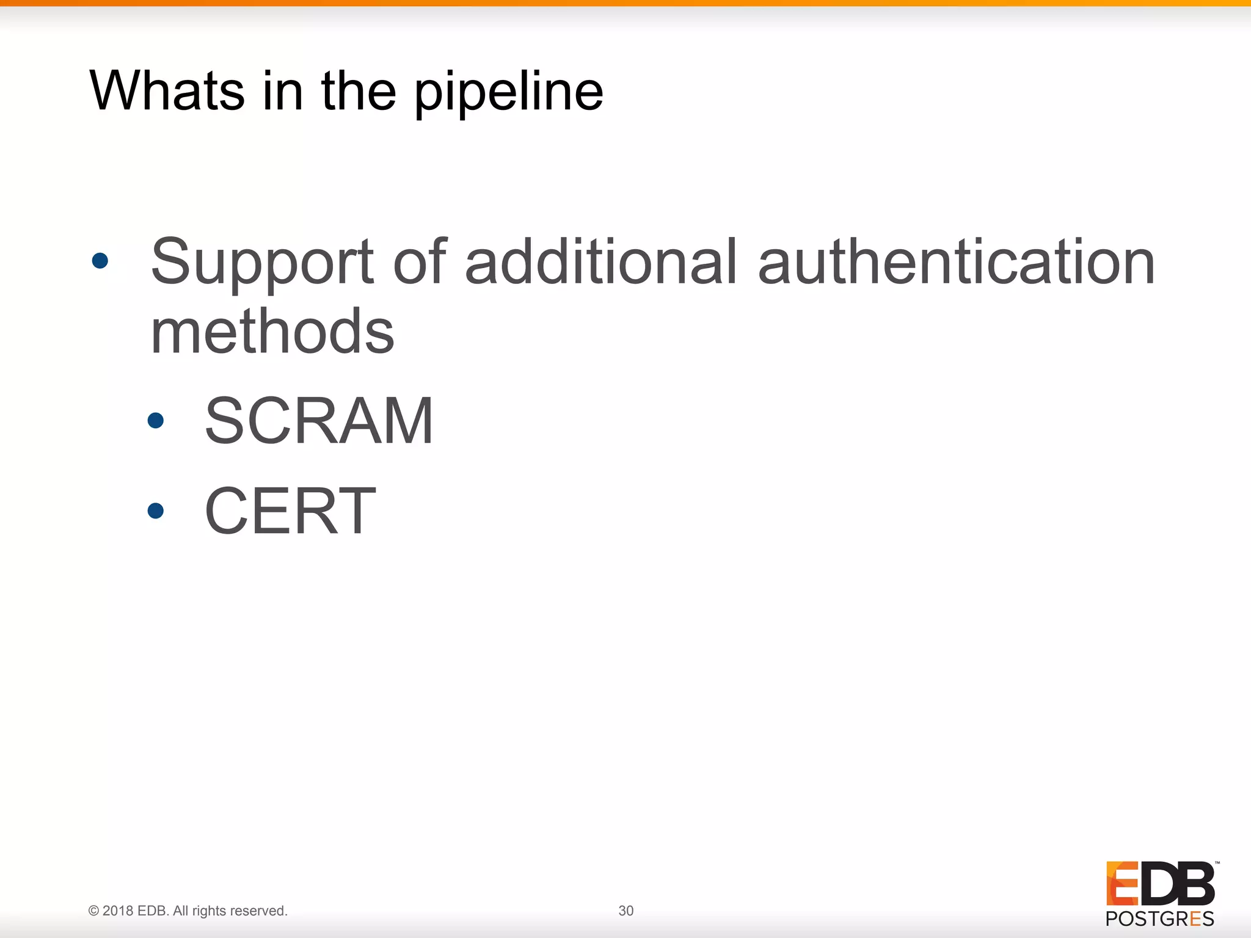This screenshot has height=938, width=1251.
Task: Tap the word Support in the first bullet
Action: pyautogui.click(x=262, y=263)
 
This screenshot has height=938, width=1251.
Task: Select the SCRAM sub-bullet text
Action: pyautogui.click(x=319, y=421)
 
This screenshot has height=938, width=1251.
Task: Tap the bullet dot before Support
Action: pyautogui.click(x=100, y=261)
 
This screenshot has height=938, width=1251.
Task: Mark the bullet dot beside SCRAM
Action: pyautogui.click(x=156, y=420)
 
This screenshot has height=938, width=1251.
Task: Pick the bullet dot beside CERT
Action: pyautogui.click(x=156, y=511)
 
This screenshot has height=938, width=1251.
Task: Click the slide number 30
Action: pyautogui.click(x=625, y=911)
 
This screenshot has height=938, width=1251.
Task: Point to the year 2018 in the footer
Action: pyautogui.click(x=117, y=911)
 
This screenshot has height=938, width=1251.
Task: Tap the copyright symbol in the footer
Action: pyautogui.click(x=93, y=911)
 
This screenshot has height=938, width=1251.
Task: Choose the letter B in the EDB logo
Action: pyautogui.click(x=1195, y=883)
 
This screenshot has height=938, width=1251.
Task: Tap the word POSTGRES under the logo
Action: pyautogui.click(x=1159, y=918)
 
